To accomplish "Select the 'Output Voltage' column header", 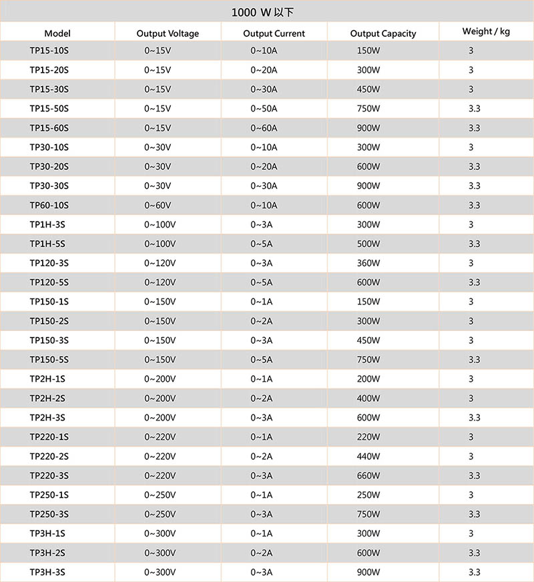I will click(x=168, y=33).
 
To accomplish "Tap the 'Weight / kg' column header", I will click(x=486, y=31).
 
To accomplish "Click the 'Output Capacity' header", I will click(x=383, y=33).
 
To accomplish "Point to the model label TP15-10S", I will click(x=49, y=51).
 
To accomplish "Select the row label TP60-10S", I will click(x=49, y=205).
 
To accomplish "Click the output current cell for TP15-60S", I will click(x=264, y=127).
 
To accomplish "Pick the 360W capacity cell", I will click(x=368, y=263).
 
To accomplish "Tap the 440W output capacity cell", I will click(x=368, y=457).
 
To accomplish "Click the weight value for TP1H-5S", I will click(x=475, y=244).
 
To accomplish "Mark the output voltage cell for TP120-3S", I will click(x=160, y=263).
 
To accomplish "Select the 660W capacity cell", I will click(x=368, y=476).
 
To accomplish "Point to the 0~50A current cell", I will click(x=264, y=108).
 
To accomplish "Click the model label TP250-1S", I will click(x=49, y=495).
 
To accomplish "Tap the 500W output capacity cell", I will click(x=368, y=244).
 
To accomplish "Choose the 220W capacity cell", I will click(x=368, y=437).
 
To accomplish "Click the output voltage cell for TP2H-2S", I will click(x=160, y=398).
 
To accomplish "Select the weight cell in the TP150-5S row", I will click(x=475, y=360).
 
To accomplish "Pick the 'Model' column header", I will click(x=57, y=33).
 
